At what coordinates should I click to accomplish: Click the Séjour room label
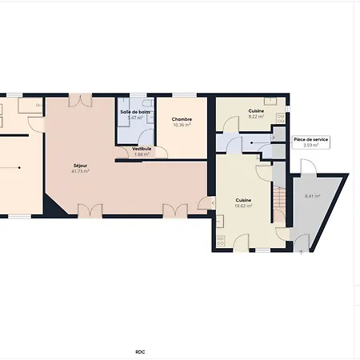(80, 166)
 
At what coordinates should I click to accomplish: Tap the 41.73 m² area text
(80, 171)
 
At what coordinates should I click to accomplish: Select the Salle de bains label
(135, 112)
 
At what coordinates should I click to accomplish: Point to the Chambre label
(182, 119)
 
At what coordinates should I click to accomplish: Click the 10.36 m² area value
(182, 125)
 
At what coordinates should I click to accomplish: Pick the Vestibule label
(142, 148)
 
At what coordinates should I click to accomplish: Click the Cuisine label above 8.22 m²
(256, 110)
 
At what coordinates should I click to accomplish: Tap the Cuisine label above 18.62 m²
(244, 200)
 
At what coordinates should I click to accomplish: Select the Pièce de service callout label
(310, 139)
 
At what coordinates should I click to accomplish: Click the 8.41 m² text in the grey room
(312, 196)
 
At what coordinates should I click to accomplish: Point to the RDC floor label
(140, 350)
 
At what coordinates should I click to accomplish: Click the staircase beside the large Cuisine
(279, 206)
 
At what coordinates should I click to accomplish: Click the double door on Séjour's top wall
(80, 100)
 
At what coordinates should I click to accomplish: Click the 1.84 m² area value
(142, 154)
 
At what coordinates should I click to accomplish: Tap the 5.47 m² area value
(134, 118)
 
